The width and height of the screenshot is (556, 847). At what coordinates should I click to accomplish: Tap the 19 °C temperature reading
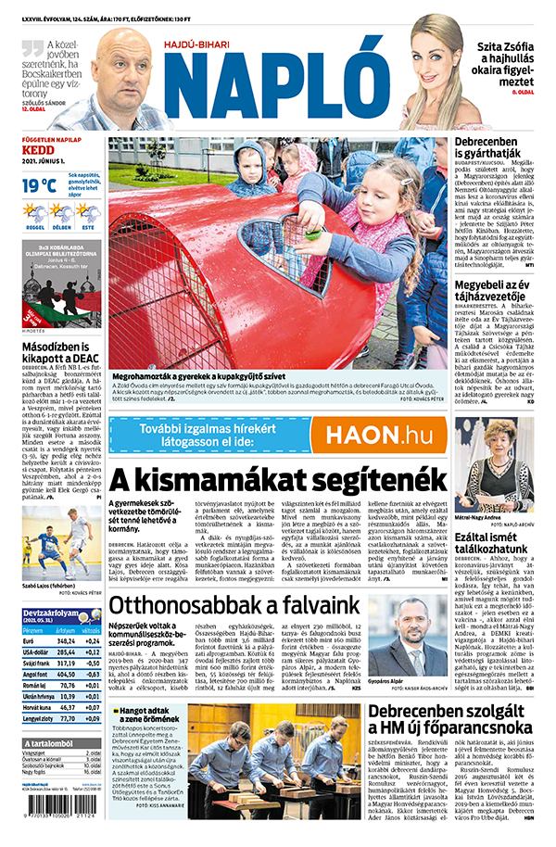click(38, 185)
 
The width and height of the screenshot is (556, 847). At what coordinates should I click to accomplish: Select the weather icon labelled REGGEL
click(35, 215)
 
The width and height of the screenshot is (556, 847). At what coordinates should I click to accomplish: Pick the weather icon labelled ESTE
click(87, 215)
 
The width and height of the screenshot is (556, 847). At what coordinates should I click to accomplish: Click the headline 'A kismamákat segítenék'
click(279, 478)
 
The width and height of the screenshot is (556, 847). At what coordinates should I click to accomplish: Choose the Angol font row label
click(36, 675)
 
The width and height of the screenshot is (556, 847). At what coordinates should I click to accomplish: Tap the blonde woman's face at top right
click(436, 65)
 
